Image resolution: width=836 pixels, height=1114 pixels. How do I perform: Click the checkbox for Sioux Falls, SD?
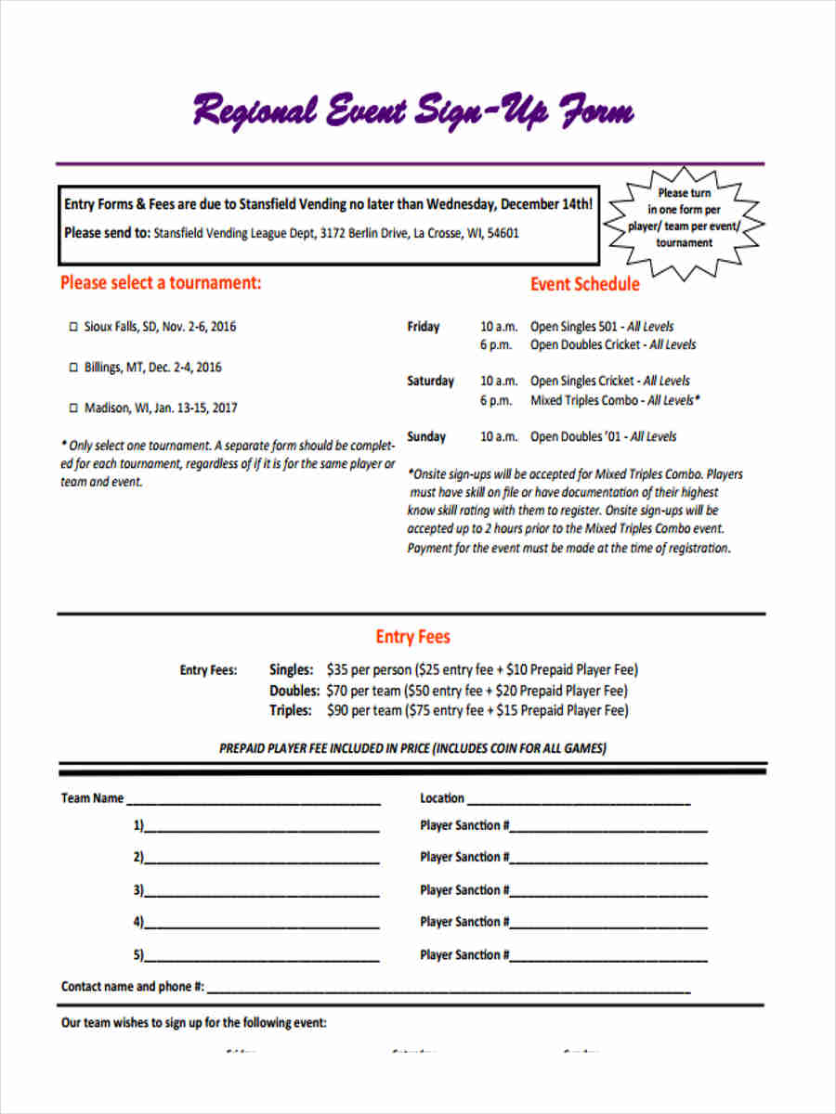pyautogui.click(x=74, y=328)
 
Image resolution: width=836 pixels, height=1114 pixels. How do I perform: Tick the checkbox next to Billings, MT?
pyautogui.click(x=74, y=369)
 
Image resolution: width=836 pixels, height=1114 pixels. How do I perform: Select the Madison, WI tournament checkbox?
pyautogui.click(x=74, y=408)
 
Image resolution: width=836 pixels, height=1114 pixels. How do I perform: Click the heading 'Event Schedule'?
pyautogui.click(x=584, y=284)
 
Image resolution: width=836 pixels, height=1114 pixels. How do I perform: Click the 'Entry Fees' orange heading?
pyautogui.click(x=412, y=637)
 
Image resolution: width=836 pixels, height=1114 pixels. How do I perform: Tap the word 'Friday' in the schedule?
pyautogui.click(x=424, y=327)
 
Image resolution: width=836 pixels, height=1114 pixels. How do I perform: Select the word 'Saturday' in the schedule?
pyautogui.click(x=430, y=382)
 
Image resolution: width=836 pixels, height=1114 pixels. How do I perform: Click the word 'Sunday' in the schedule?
pyautogui.click(x=426, y=437)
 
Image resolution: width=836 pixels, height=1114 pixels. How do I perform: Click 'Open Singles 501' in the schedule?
pyautogui.click(x=574, y=327)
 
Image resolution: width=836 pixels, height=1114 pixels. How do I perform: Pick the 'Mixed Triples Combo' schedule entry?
pyautogui.click(x=584, y=400)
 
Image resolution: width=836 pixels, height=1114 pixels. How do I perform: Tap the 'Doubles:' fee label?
pyautogui.click(x=294, y=691)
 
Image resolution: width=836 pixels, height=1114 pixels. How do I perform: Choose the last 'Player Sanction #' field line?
pyautogui.click(x=608, y=957)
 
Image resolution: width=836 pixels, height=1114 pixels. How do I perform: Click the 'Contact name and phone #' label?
pyautogui.click(x=133, y=987)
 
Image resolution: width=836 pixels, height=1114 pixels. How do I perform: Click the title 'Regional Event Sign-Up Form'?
pyautogui.click(x=412, y=113)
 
